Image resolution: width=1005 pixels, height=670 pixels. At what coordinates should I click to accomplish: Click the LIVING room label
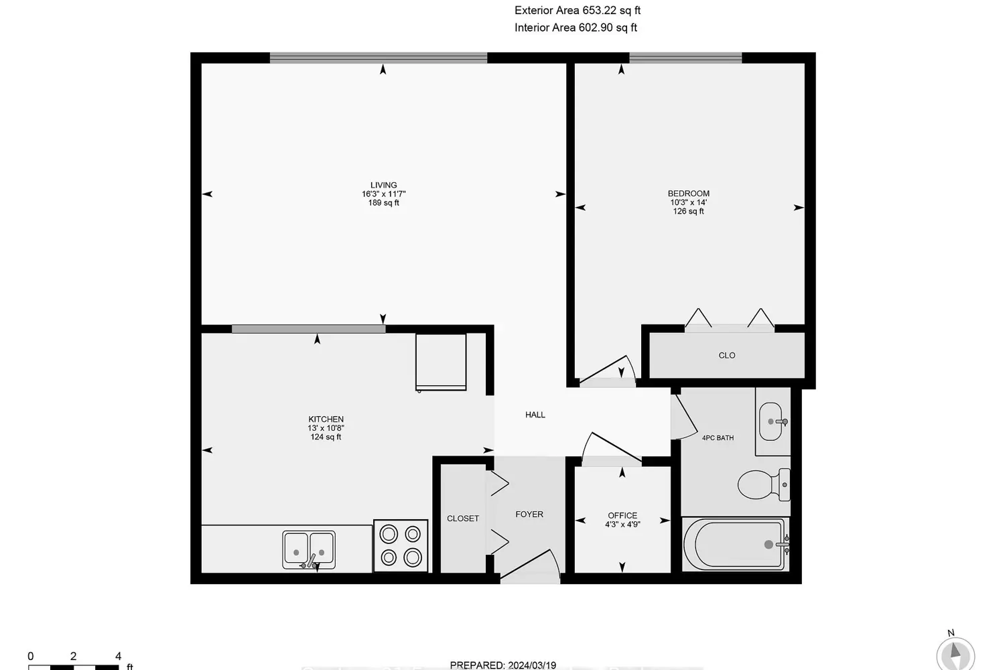383,186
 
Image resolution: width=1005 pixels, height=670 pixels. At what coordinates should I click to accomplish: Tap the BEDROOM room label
688,194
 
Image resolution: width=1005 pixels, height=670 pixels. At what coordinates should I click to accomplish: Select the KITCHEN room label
326,419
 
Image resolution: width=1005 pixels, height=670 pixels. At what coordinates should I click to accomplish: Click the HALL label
535,415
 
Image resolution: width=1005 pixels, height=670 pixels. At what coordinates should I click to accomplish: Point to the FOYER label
529,515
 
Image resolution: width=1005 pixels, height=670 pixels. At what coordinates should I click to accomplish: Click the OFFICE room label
622,516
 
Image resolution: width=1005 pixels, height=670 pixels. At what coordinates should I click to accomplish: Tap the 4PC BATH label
718,438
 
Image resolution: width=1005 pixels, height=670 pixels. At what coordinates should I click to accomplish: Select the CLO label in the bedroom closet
726,356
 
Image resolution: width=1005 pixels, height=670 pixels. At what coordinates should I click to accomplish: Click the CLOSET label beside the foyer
463,519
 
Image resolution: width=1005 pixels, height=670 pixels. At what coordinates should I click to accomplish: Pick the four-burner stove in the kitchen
401,545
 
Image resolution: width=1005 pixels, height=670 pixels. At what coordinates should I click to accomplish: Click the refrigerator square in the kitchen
441,362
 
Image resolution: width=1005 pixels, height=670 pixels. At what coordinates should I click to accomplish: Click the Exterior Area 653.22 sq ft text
577,11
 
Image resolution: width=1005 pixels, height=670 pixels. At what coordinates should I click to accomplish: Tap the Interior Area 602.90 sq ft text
576,28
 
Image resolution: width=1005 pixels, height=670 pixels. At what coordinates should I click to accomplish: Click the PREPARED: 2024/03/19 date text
503,665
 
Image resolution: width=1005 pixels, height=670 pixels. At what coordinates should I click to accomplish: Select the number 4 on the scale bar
118,657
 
